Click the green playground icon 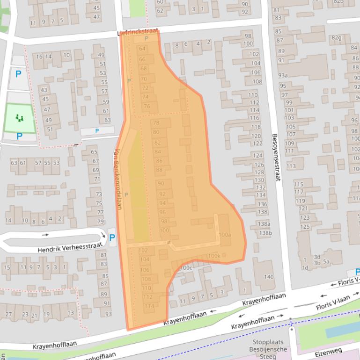coord(19,118)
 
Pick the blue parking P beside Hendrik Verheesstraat coord(112,238)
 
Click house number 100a coord(225,234)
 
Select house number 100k coord(213,256)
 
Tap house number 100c coord(185,267)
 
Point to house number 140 coord(268,277)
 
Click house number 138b coord(265,233)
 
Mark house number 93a coord(283,75)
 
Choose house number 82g coord(336,37)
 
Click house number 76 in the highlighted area coord(147,106)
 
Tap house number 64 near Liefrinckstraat coord(142,49)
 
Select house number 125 coord(305,227)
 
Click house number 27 coord(9,315)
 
